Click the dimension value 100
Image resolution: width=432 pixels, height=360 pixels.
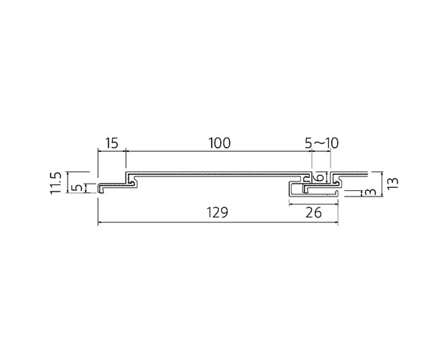coord(219,143)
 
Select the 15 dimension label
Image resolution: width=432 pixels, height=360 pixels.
coord(112,143)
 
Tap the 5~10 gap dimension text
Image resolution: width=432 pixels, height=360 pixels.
coord(322,143)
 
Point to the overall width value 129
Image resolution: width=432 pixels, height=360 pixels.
coord(217,212)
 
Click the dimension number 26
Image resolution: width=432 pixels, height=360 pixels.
coord(313,212)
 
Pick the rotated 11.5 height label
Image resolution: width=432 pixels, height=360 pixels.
coord(55,183)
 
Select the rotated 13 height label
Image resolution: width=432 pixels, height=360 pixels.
coord(393,183)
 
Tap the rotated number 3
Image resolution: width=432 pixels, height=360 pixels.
coord(372,192)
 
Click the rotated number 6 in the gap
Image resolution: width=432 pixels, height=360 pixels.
coord(320,178)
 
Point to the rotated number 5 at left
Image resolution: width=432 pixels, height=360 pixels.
coord(78,188)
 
